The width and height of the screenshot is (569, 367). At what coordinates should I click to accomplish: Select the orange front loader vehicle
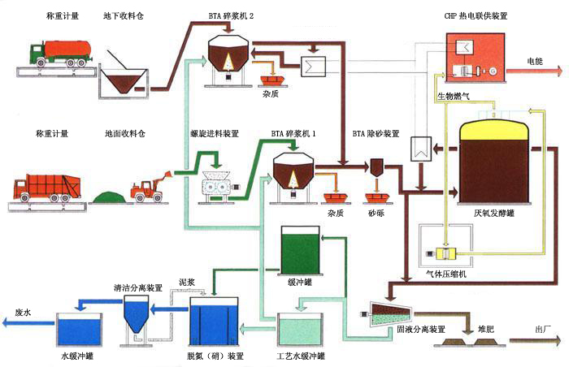tap(150, 187)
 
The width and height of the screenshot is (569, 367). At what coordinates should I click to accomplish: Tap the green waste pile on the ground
tap(107, 196)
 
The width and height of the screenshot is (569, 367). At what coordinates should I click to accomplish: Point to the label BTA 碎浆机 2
tap(230, 15)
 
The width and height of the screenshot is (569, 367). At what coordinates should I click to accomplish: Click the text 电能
tap(534, 61)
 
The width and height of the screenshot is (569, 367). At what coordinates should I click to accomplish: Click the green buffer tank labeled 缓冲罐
tap(299, 251)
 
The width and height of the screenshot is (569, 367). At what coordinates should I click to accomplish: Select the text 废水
tap(23, 312)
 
